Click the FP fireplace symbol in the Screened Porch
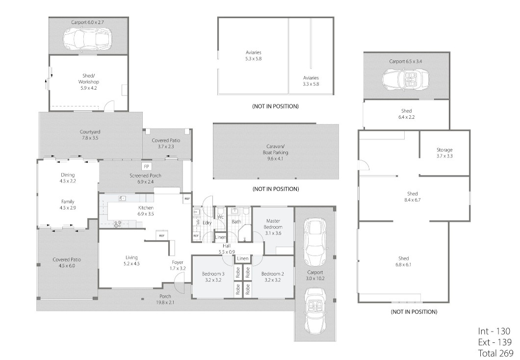click(146, 166)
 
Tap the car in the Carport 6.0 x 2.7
click(87, 39)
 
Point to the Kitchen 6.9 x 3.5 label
click(146, 211)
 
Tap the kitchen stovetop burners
click(117, 224)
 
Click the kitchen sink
click(122, 198)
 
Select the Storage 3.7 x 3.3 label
click(444, 153)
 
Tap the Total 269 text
click(495, 353)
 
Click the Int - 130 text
click(494, 331)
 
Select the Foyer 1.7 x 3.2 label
click(178, 265)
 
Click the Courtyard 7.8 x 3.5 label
click(90, 134)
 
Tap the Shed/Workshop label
click(88, 82)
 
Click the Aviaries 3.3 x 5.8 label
click(311, 81)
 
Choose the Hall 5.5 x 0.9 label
click(227, 249)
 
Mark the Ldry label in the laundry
click(207, 223)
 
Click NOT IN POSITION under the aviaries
click(275, 106)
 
